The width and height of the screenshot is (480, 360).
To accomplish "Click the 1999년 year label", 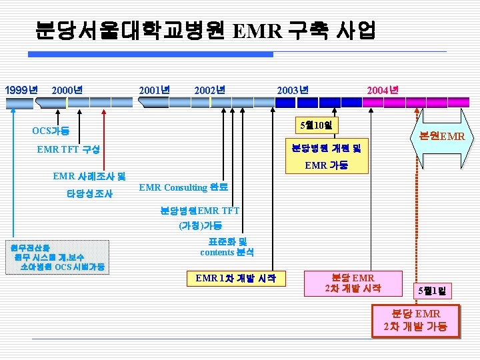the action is (21, 89).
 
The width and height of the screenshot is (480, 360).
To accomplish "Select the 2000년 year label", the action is (67, 89).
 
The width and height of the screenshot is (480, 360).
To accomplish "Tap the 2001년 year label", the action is (154, 89).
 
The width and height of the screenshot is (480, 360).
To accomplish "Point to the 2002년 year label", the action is (209, 89).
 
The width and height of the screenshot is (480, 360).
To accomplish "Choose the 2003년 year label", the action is (292, 89).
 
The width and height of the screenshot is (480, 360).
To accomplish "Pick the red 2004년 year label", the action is (383, 89).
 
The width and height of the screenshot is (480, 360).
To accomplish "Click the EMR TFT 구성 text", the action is (69, 150).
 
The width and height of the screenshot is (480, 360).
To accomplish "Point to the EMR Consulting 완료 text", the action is (183, 188).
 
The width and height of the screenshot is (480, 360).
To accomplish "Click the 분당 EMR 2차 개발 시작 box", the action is (353, 283).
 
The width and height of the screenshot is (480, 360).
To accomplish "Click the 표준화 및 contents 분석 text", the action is (227, 247).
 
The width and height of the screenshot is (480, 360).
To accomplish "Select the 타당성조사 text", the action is (89, 194).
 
